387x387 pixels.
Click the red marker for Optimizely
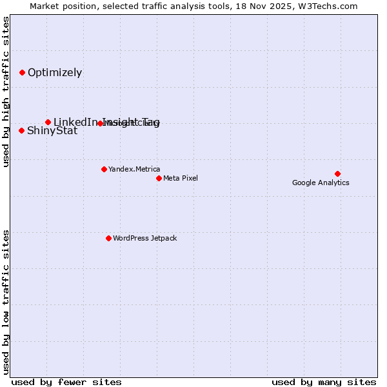click(22, 72)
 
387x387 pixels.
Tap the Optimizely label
click(55, 72)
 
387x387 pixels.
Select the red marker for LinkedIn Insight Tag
click(48, 122)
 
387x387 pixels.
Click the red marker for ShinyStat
click(21, 130)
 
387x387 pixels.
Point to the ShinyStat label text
click(52, 131)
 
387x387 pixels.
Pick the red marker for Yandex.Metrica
click(104, 169)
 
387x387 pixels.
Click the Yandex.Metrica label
click(134, 169)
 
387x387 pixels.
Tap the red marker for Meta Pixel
click(159, 178)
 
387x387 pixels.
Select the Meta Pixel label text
click(181, 178)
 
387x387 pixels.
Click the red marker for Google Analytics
click(337, 174)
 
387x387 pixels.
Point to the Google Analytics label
click(321, 183)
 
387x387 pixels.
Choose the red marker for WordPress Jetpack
click(108, 238)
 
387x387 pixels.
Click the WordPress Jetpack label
click(144, 238)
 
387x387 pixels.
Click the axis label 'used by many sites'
click(324, 382)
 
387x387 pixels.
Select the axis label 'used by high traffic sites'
click(6, 92)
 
